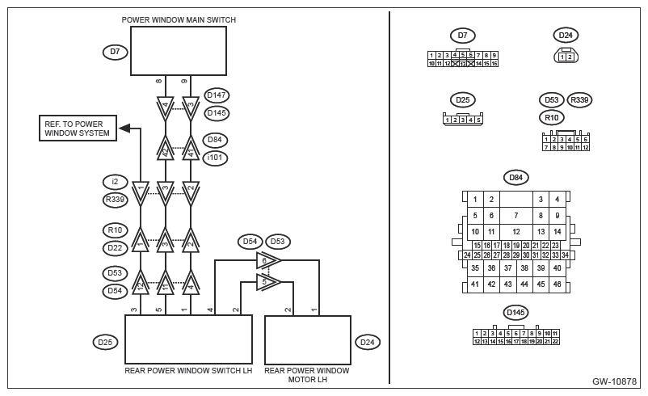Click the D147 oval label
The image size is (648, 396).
217,95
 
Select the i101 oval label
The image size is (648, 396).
215,158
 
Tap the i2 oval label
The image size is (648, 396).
115,182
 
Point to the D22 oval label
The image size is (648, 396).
115,248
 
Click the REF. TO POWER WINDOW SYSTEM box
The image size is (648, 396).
78,128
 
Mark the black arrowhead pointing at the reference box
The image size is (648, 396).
124,128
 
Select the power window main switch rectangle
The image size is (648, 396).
179,51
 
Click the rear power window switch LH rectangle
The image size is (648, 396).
188,339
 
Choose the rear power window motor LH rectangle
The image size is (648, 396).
308,339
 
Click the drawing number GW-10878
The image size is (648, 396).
614,381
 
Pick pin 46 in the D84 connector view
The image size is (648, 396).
557,284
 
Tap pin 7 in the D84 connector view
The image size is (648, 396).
516,215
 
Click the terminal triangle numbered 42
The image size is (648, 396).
166,148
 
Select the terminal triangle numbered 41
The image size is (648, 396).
191,148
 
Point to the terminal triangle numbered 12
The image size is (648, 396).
141,283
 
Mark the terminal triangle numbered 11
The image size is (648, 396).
166,283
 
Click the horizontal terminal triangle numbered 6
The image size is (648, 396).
268,260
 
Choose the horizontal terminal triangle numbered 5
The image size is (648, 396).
268,282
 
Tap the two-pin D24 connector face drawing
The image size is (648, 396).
566,56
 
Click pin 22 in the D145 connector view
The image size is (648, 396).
555,341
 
